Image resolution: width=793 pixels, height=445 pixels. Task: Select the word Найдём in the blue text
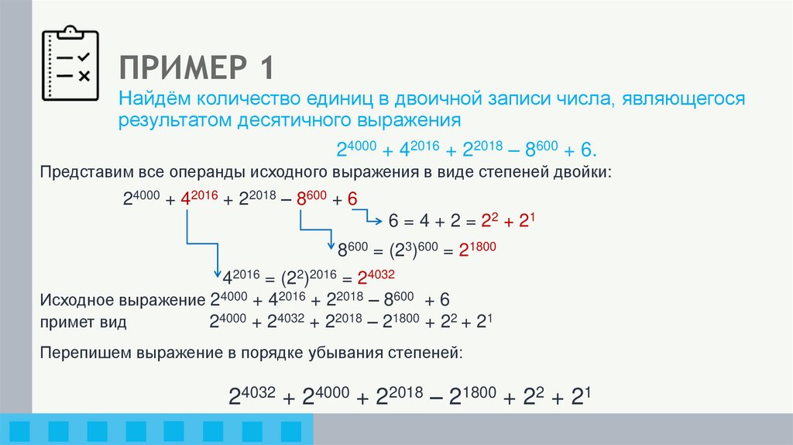153,98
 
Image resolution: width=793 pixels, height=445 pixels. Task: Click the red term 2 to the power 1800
478,249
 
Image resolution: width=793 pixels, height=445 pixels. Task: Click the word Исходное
77,300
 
